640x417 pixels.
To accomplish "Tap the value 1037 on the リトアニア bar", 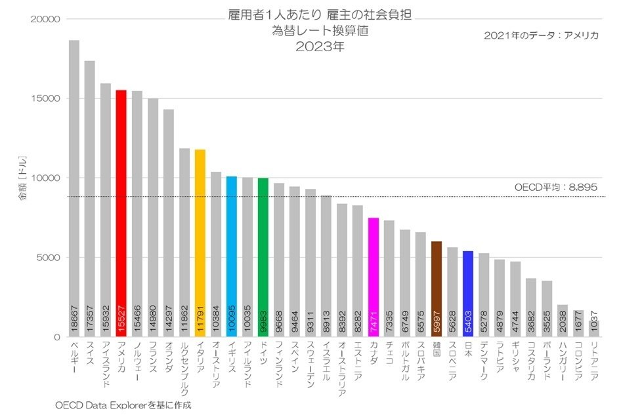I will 594,325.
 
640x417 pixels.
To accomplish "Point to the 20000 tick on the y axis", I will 45,20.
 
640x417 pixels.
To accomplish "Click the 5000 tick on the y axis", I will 48,258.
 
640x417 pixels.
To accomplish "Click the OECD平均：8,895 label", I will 555,188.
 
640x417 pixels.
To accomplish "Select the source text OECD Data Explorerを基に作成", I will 123,405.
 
